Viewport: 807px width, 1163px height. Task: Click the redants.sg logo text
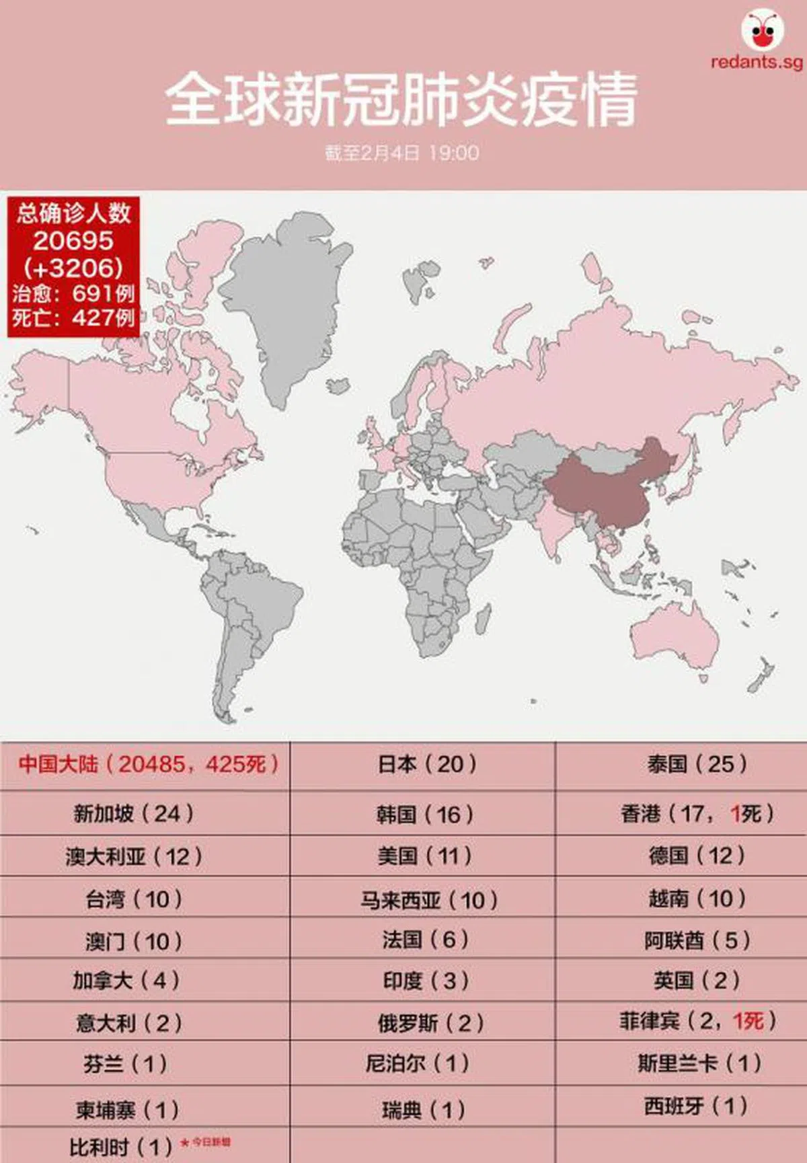757,62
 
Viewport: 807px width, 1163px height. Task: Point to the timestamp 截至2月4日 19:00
401,153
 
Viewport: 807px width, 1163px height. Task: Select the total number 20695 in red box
73,240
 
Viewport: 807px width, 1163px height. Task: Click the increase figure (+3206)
73,267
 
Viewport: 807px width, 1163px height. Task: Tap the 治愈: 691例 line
73,293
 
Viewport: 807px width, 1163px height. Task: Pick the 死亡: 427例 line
73,317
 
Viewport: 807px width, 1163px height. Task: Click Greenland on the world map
282,296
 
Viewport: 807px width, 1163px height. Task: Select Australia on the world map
672,639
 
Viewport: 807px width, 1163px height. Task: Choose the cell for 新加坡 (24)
134,813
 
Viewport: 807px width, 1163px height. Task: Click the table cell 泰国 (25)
697,764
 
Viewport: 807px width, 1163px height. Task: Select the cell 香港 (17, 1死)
697,813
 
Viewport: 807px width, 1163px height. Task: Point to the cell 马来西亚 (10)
428,899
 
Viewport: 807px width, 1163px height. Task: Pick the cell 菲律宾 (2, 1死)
697,1021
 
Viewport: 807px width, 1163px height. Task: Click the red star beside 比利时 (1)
185,1143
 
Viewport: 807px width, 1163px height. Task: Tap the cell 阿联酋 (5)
697,940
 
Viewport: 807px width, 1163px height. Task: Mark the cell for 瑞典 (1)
423,1109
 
